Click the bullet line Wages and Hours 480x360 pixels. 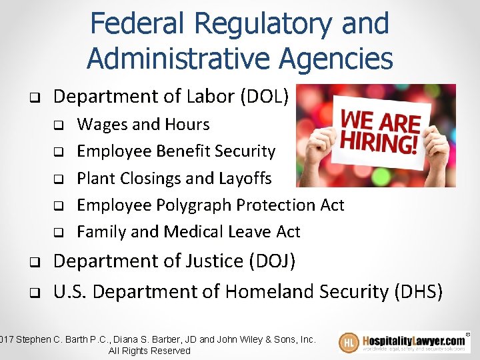(x=143, y=125)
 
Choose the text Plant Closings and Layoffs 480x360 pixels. (x=174, y=178)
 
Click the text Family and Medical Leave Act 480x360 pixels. (x=189, y=231)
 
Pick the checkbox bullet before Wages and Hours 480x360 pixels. (x=58, y=125)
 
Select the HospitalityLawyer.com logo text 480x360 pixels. (x=415, y=339)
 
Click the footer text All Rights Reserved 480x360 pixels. (x=149, y=351)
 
